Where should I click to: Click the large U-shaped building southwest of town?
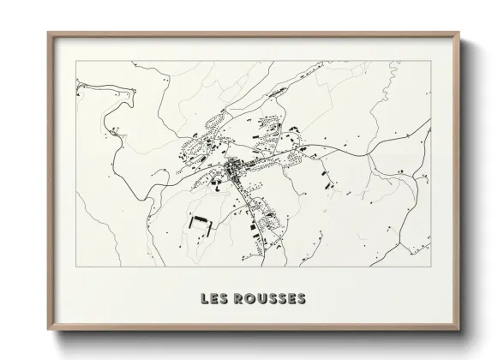coord(200,220)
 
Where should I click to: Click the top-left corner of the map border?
coord(76,62)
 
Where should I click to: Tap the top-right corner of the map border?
coord(431,62)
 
